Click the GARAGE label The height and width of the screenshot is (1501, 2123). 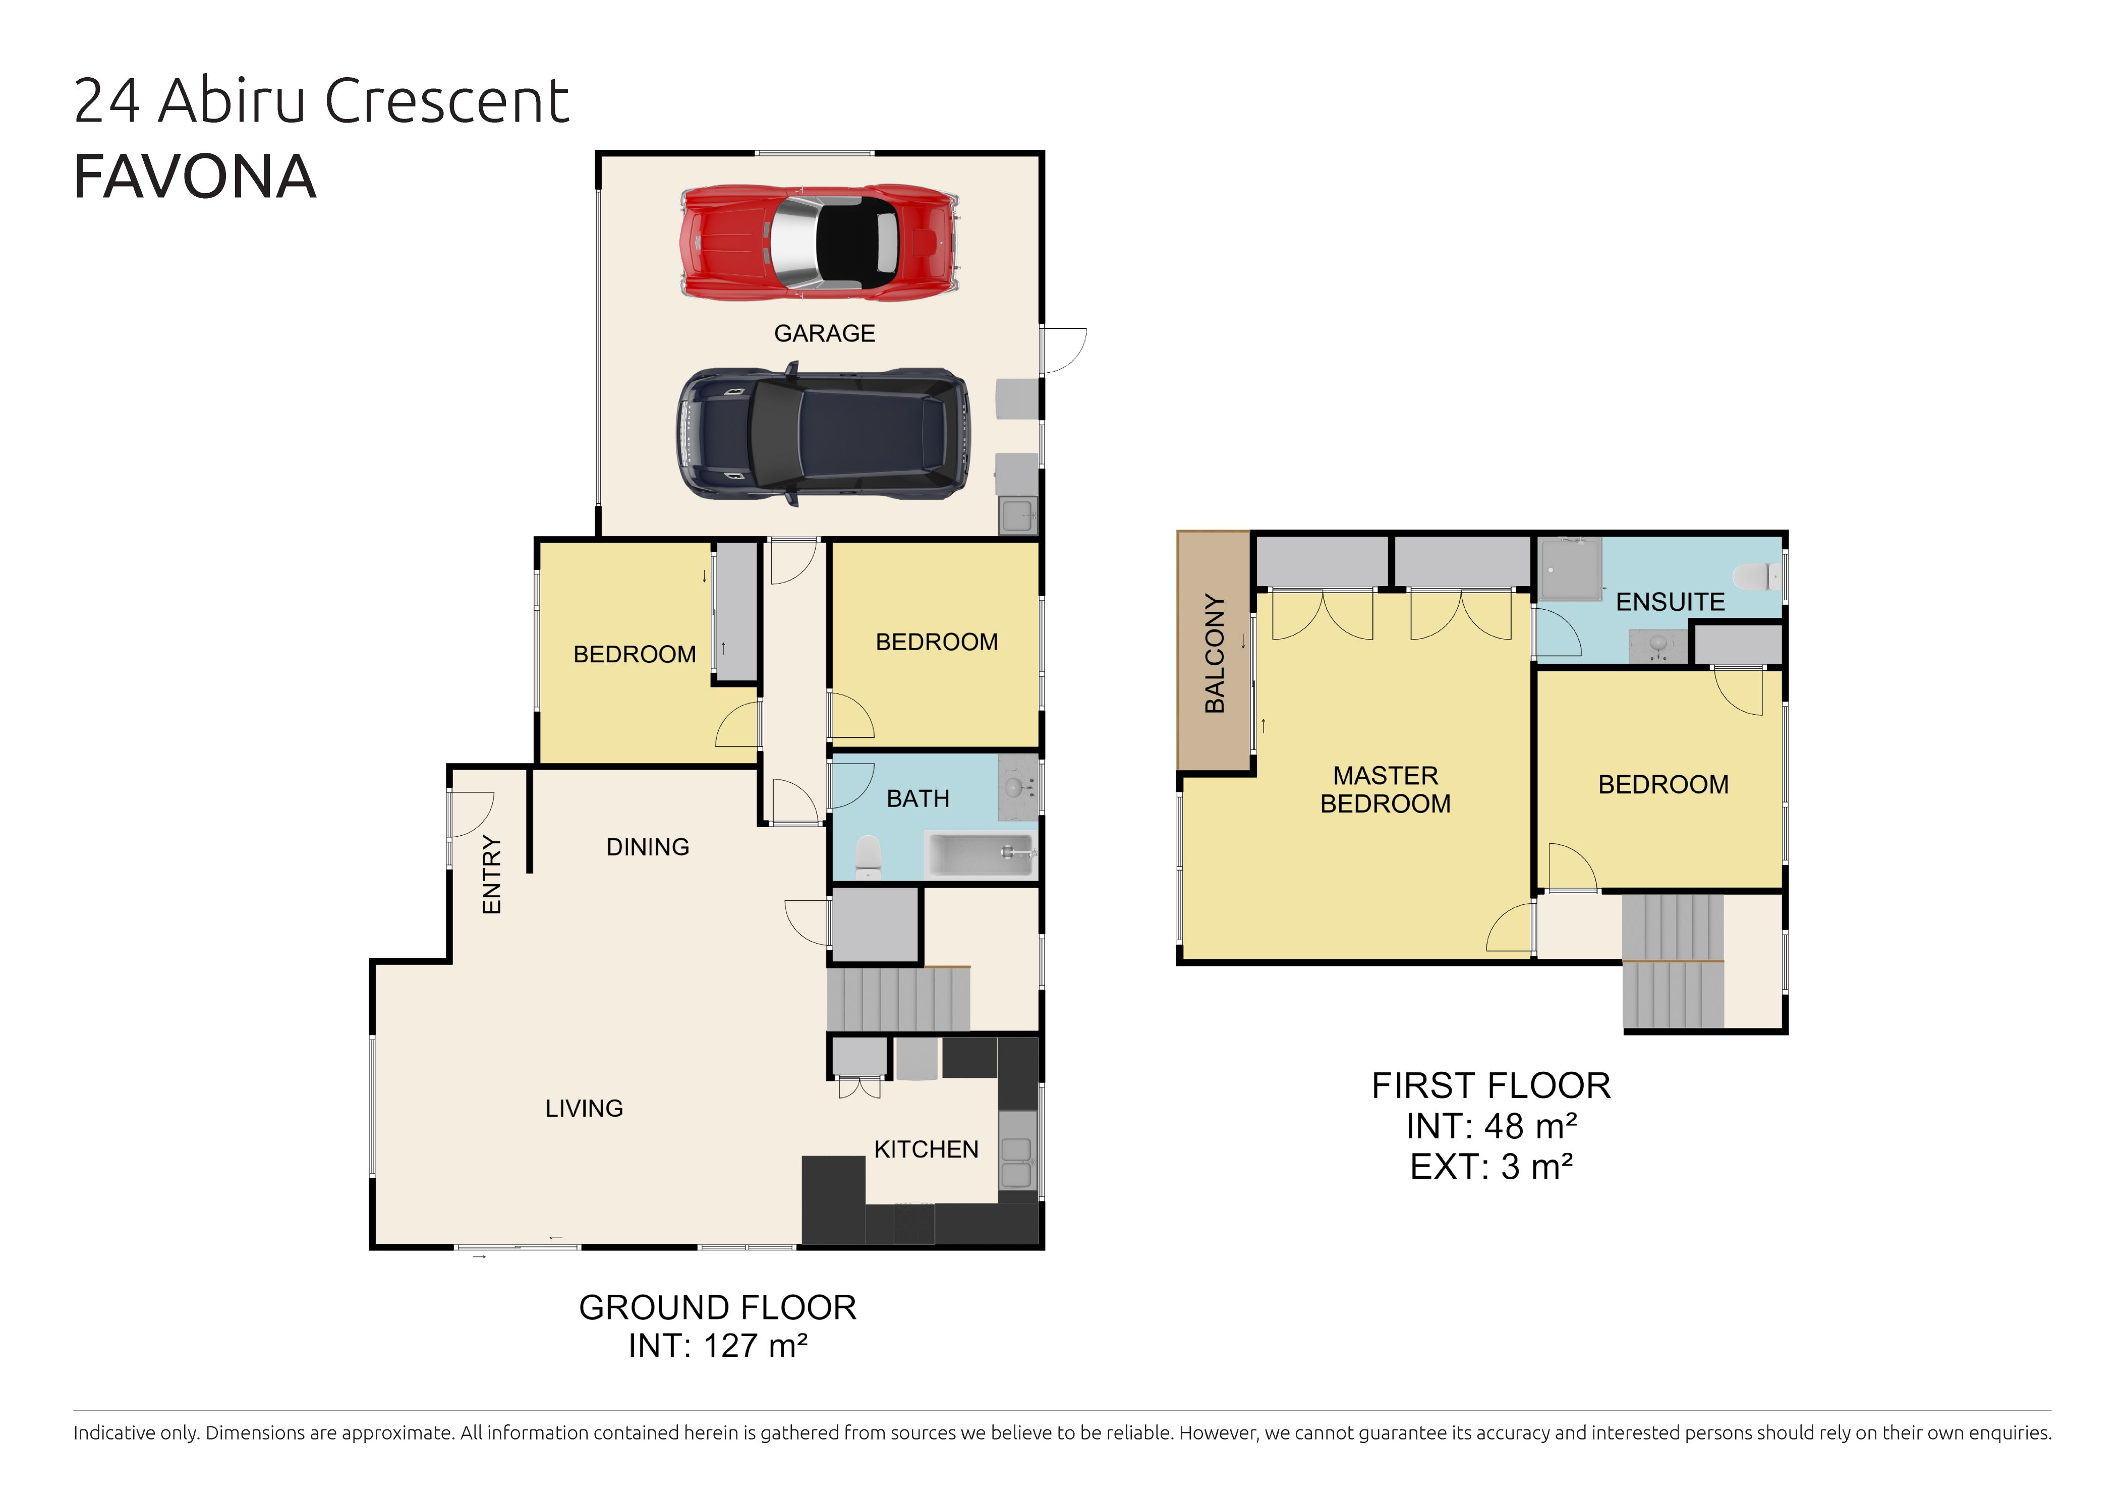pyautogui.click(x=824, y=333)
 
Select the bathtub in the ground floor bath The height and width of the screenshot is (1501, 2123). pyautogui.click(x=980, y=853)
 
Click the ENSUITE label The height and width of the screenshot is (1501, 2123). pyautogui.click(x=1670, y=602)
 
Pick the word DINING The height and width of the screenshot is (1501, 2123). pyautogui.click(x=647, y=847)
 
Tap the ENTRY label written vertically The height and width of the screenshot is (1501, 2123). pyautogui.click(x=492, y=875)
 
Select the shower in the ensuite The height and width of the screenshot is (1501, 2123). pyautogui.click(x=1569, y=569)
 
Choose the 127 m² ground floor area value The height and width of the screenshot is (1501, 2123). pyautogui.click(x=756, y=1346)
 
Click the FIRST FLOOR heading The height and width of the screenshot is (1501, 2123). pyautogui.click(x=1490, y=1086)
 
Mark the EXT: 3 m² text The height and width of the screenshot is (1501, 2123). pyautogui.click(x=1490, y=1167)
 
